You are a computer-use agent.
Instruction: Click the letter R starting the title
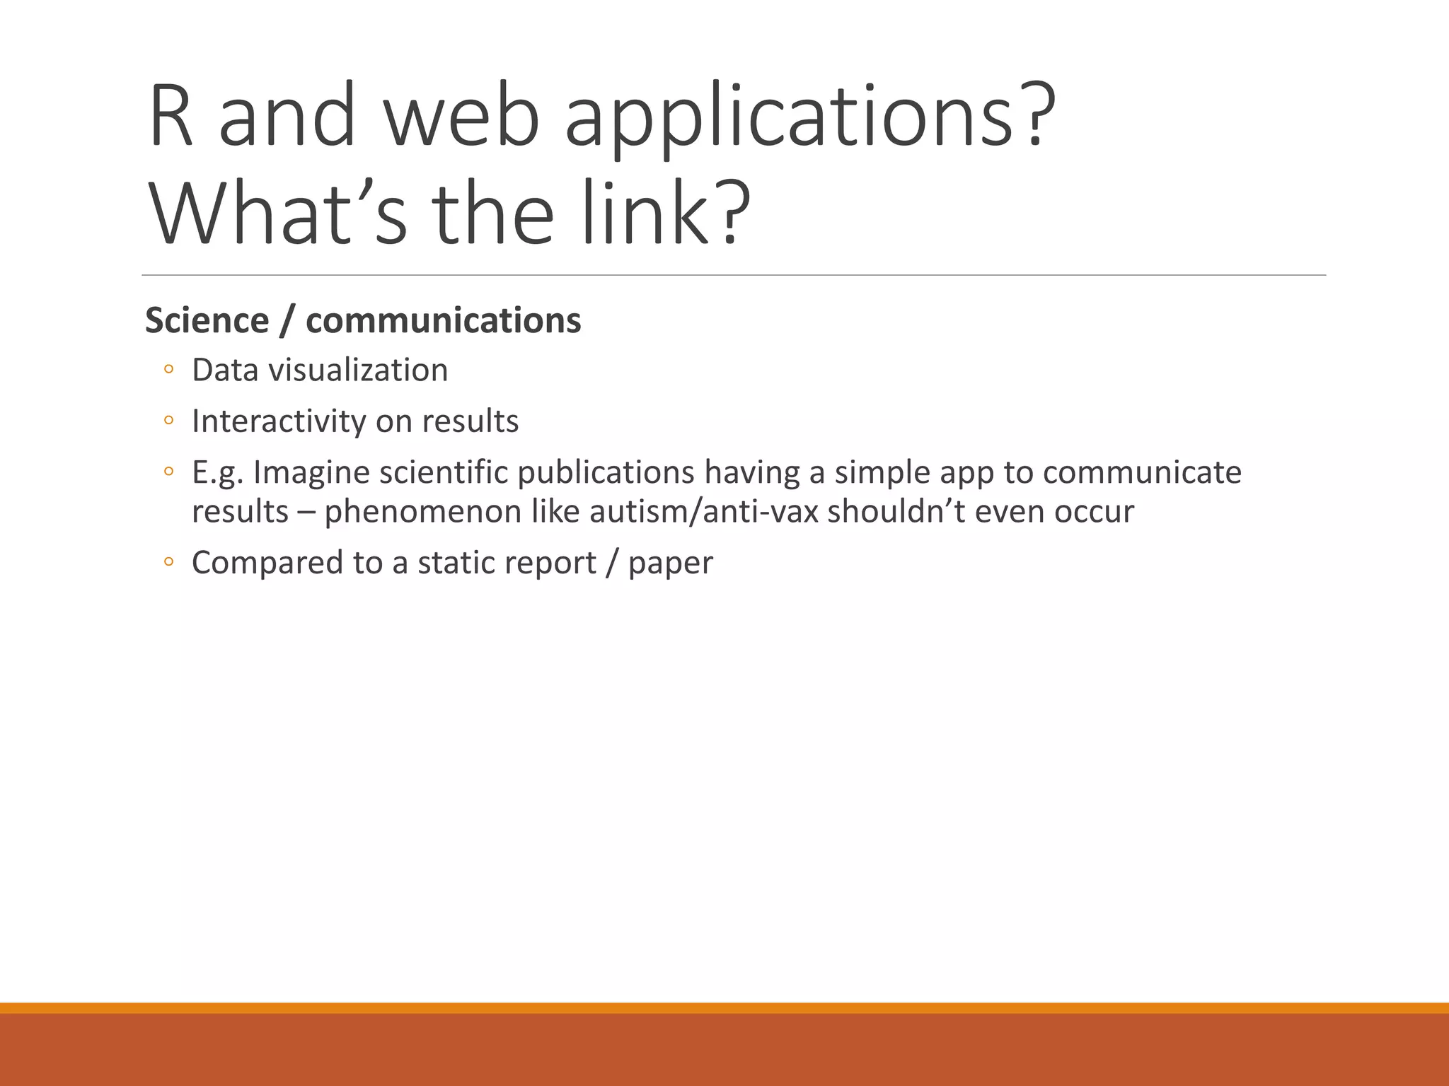(x=171, y=117)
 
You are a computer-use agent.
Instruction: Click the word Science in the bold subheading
(x=207, y=320)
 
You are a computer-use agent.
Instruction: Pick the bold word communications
(x=443, y=320)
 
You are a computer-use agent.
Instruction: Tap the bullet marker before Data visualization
(x=168, y=369)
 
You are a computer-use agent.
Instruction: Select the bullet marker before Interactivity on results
(x=168, y=421)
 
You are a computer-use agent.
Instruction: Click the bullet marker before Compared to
(x=168, y=562)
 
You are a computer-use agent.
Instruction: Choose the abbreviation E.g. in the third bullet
(x=217, y=472)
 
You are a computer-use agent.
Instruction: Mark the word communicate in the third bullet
(x=1142, y=472)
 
